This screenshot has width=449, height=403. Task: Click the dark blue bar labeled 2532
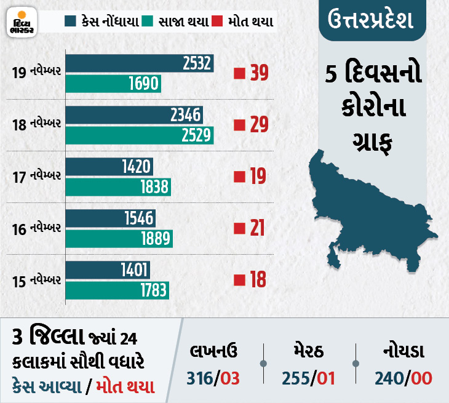(140, 63)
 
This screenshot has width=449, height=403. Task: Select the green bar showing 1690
(113, 83)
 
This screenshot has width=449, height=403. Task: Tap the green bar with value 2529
(140, 135)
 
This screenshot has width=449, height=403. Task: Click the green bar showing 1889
(119, 239)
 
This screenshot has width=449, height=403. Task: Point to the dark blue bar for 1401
(108, 269)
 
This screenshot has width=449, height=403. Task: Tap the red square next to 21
(239, 229)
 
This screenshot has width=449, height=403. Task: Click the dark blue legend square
(70, 22)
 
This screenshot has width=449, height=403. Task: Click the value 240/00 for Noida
(403, 377)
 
